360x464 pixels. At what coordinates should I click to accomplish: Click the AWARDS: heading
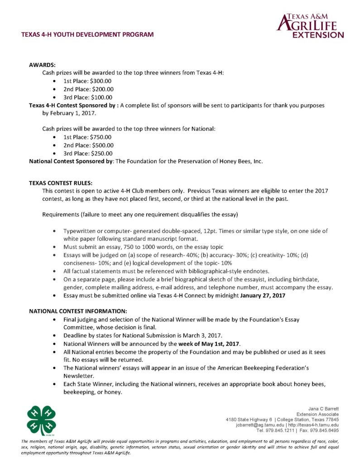42,65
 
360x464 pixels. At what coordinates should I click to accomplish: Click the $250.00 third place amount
102,153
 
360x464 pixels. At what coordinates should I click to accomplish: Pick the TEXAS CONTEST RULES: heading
61,183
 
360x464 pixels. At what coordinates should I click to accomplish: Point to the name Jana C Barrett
324,409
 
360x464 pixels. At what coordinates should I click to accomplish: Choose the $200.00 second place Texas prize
102,89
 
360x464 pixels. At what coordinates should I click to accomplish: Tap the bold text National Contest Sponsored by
71,161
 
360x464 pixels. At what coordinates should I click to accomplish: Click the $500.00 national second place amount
102,145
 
